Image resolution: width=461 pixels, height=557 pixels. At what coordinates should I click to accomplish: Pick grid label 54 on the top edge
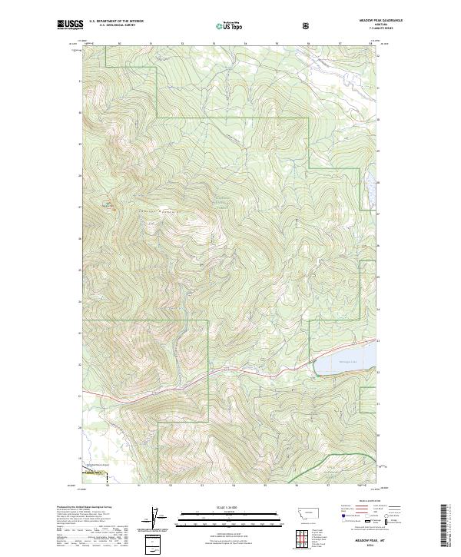point(245,44)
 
